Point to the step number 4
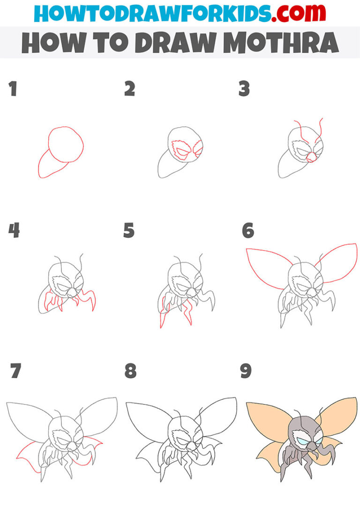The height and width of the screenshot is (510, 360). [x=14, y=230]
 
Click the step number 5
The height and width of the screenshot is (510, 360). [x=129, y=230]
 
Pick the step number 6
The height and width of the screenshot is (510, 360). [x=247, y=230]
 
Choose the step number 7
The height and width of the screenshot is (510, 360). [x=15, y=371]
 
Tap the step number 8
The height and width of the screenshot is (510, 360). [x=130, y=371]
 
